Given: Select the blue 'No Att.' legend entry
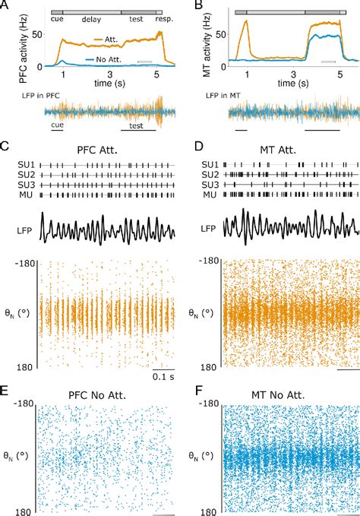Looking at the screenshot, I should tap(116, 59).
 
